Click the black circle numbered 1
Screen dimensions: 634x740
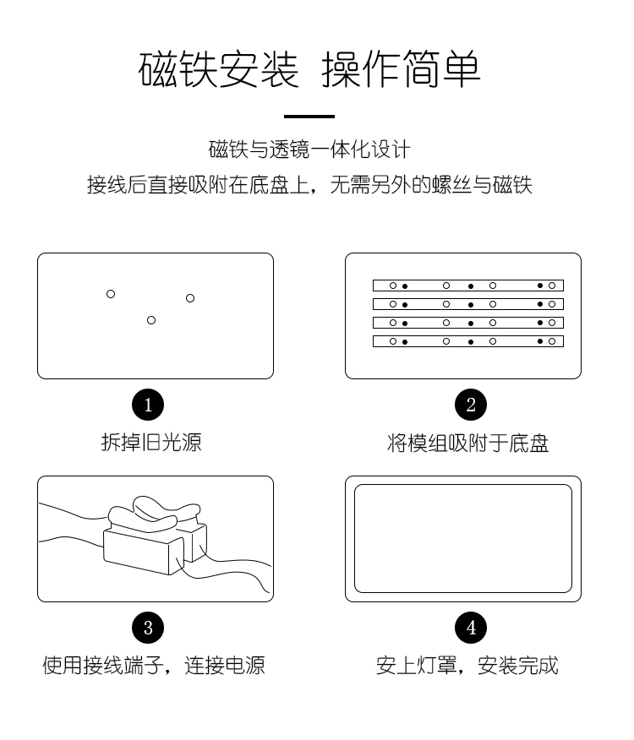click(148, 405)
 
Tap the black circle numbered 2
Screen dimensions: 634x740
click(471, 405)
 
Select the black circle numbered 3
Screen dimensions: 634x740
click(148, 628)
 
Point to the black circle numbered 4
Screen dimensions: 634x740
click(471, 628)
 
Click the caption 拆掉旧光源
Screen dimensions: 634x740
click(151, 443)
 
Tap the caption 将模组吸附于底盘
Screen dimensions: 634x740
click(467, 443)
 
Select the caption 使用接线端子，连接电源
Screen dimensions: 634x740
click(154, 666)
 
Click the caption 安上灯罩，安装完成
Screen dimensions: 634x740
click(467, 666)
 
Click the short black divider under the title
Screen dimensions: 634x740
click(309, 116)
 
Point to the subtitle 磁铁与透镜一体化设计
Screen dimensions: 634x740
click(309, 150)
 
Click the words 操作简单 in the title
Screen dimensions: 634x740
click(401, 69)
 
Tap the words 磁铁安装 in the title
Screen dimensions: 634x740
click(218, 69)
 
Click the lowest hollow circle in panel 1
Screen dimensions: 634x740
click(151, 320)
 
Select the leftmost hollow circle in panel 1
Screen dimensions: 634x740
click(111, 294)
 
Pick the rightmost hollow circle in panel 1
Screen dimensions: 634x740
click(190, 298)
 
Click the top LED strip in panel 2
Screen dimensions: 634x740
click(468, 286)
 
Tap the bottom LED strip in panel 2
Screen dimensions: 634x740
click(468, 341)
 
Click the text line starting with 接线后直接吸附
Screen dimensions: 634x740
click(309, 184)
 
